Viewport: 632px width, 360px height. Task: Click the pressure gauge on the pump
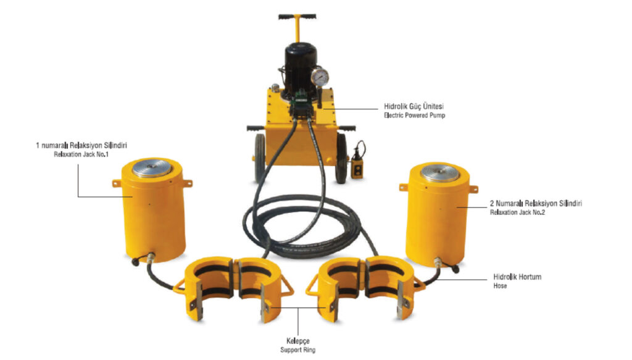pos(320,77)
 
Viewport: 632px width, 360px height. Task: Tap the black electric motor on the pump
pos(301,69)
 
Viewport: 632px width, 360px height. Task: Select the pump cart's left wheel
pos(260,157)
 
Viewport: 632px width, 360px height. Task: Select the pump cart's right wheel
pos(341,158)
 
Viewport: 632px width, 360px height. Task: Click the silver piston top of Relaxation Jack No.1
pos(152,168)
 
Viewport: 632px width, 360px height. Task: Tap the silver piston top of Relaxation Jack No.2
pos(439,172)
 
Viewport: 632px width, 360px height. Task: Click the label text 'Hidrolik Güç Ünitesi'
pos(414,106)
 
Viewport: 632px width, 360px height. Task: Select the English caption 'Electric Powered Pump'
pos(414,115)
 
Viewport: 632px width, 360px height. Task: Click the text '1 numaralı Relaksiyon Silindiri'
pos(81,145)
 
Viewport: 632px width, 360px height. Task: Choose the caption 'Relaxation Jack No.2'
pos(517,212)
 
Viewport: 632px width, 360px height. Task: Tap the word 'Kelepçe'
pos(298,341)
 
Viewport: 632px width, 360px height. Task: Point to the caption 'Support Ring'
pos(298,350)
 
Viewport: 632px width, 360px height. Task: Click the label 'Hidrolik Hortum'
pos(517,277)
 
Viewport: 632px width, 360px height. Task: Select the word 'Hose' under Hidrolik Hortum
pos(500,286)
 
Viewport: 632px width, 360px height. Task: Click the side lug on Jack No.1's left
pos(117,183)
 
